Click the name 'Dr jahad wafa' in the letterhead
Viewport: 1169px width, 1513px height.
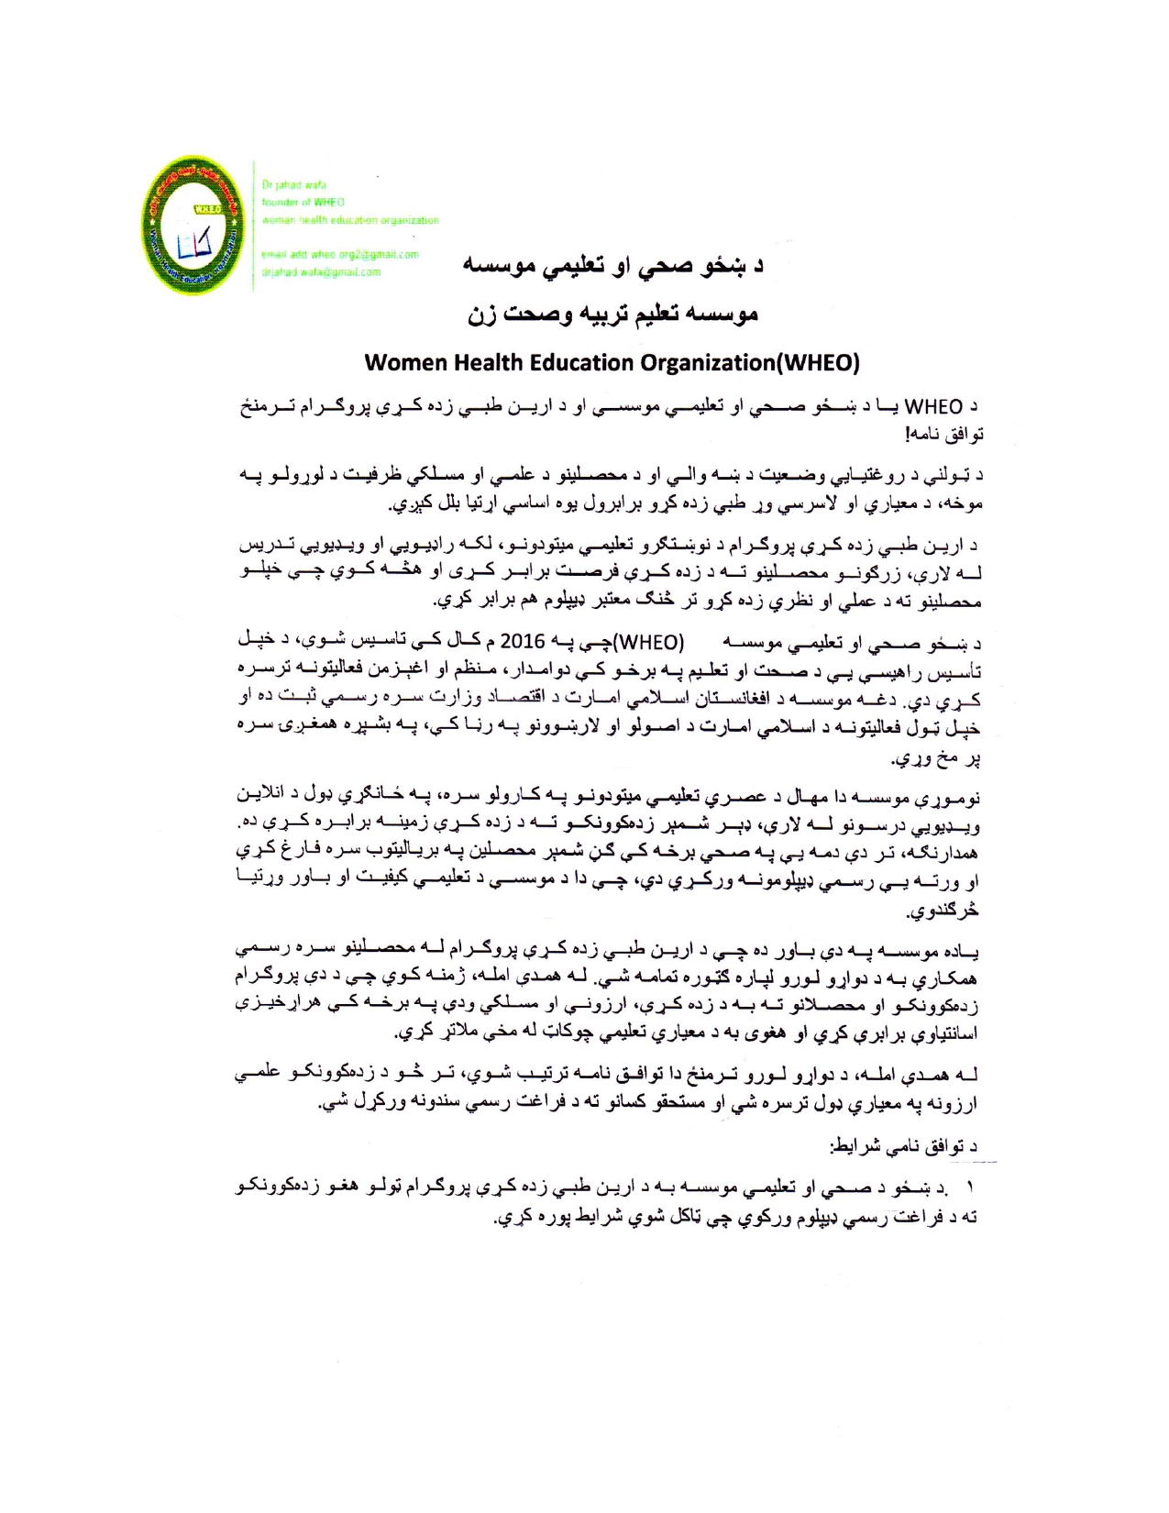pos(293,185)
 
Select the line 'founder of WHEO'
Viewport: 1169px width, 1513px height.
pos(303,202)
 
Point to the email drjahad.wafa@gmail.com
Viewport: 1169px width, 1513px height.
pos(321,272)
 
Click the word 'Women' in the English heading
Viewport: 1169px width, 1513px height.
pos(397,362)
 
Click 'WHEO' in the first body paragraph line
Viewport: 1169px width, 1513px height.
pos(933,406)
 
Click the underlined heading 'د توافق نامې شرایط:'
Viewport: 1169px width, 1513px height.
pos(903,1146)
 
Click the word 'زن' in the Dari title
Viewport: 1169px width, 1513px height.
pos(482,315)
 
